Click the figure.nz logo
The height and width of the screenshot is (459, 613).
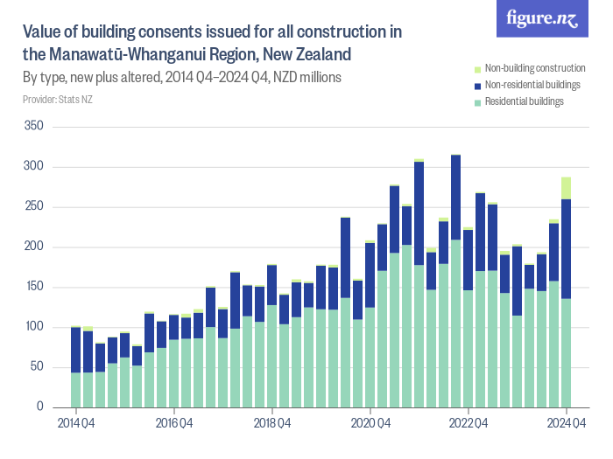pos(542,18)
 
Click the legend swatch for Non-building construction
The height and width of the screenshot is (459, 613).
pos(477,68)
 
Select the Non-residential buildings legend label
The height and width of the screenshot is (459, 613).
pos(532,85)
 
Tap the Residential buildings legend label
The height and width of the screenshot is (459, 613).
pos(524,101)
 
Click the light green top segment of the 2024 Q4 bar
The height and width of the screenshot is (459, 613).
pos(567,188)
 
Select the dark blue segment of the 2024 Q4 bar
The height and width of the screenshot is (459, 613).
pos(567,249)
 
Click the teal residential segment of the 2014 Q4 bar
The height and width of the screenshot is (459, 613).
pos(76,390)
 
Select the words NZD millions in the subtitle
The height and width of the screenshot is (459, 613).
pos(307,77)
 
